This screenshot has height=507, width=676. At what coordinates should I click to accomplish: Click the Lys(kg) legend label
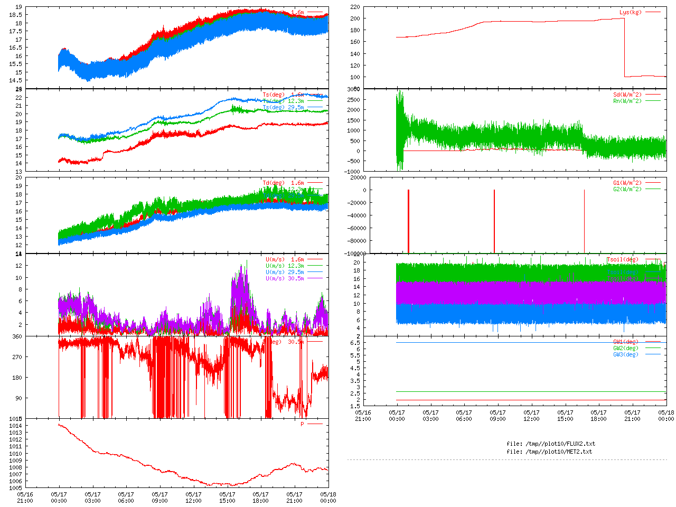tap(631, 12)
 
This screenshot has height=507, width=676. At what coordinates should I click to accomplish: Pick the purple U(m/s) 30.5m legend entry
tap(285, 278)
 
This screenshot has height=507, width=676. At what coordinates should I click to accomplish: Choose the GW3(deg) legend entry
tap(626, 354)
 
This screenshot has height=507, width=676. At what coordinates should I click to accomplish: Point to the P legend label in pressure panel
tap(303, 424)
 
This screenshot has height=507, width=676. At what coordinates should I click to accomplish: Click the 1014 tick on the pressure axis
tap(15, 426)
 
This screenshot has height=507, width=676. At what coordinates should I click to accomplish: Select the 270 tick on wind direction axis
tap(17, 357)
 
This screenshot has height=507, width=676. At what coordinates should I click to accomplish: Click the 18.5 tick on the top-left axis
tap(15, 15)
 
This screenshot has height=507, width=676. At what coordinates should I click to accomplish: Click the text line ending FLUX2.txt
tap(551, 444)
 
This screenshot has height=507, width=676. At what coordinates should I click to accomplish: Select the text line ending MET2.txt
tap(549, 452)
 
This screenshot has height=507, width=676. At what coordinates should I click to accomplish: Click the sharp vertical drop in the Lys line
tap(624, 48)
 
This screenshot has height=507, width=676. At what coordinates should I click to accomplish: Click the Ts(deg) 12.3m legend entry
tap(283, 101)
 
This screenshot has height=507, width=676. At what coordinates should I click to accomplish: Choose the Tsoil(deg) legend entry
tap(623, 259)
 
